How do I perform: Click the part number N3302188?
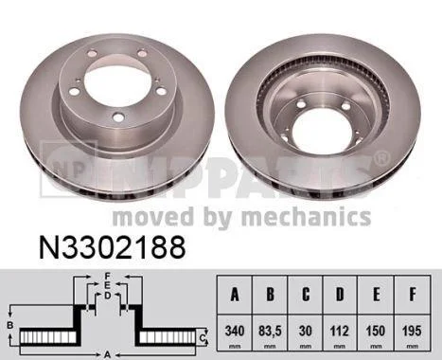(112, 247)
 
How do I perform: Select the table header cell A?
(235, 295)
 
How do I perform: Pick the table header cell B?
(270, 295)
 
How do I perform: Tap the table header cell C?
(306, 295)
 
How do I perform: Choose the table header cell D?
(340, 295)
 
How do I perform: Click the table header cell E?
(376, 295)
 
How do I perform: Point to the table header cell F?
(412, 295)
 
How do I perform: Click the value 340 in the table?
(235, 331)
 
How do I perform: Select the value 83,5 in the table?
(270, 332)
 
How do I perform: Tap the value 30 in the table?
(306, 331)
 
